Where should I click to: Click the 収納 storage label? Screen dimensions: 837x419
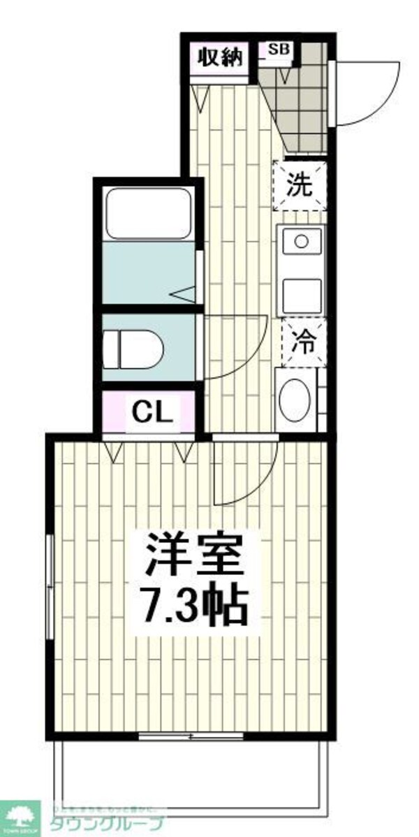pos(219,58)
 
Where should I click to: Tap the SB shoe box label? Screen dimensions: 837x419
pos(276,50)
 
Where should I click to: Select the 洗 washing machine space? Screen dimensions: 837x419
pos(299,185)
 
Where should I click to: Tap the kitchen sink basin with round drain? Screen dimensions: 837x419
pos(302,242)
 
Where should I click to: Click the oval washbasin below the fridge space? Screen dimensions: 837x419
pos(293,400)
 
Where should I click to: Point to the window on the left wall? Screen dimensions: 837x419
pos(50,587)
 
